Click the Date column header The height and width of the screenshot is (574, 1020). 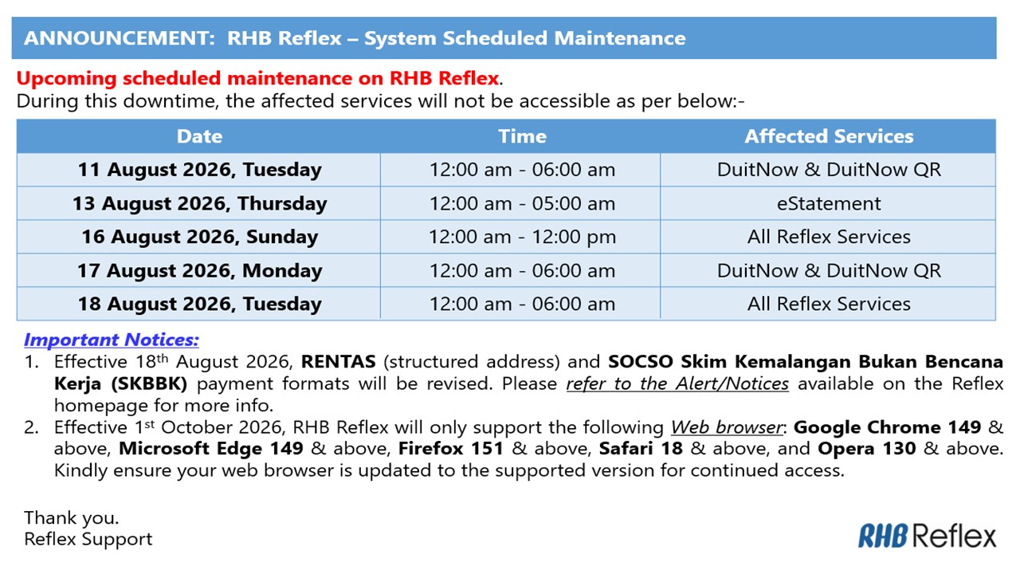tap(199, 136)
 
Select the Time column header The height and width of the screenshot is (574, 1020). tap(522, 136)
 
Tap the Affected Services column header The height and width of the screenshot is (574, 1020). tap(829, 136)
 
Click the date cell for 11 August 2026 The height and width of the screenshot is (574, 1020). tap(199, 170)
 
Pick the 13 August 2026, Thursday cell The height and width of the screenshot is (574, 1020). tap(199, 203)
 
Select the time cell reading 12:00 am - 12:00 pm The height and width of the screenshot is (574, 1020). tap(522, 237)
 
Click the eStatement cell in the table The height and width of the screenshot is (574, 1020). tap(829, 203)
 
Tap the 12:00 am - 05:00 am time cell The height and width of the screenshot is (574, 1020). tap(522, 203)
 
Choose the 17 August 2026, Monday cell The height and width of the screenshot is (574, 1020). tap(199, 270)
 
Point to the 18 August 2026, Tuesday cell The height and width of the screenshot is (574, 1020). tap(199, 304)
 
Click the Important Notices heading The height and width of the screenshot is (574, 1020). tap(112, 340)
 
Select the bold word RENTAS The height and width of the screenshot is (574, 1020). tap(339, 362)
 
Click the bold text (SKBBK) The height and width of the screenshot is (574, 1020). tap(149, 383)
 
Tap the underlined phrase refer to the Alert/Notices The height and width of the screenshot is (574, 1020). tap(677, 383)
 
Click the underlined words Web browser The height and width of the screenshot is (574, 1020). tap(727, 427)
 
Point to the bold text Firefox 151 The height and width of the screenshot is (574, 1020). tap(451, 449)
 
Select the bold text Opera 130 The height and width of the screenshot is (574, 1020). tap(866, 449)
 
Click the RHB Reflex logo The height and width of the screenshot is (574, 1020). tap(927, 537)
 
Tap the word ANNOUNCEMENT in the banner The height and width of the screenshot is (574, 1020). tap(120, 38)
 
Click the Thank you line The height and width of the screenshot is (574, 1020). tap(72, 518)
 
